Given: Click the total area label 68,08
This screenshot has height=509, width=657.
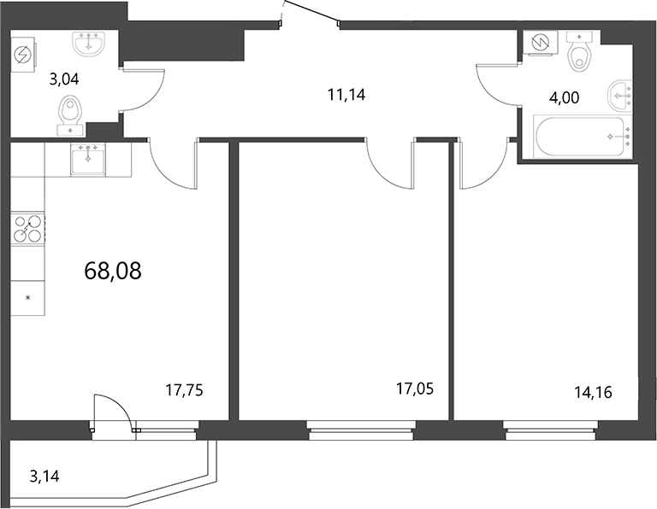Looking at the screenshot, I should [x=113, y=272].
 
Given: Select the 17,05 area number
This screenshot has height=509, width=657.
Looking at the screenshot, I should [x=415, y=389].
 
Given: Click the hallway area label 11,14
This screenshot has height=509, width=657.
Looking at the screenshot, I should [x=346, y=95].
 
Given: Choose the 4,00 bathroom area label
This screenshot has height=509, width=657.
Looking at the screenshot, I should [x=564, y=97].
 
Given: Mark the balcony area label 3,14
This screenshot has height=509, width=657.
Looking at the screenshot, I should [x=45, y=476].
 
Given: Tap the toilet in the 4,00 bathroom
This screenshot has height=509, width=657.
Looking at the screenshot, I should [x=582, y=53].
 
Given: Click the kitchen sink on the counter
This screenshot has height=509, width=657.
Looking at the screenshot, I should [x=88, y=159].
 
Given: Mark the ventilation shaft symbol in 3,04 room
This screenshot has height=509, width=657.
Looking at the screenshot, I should [x=22, y=53].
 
